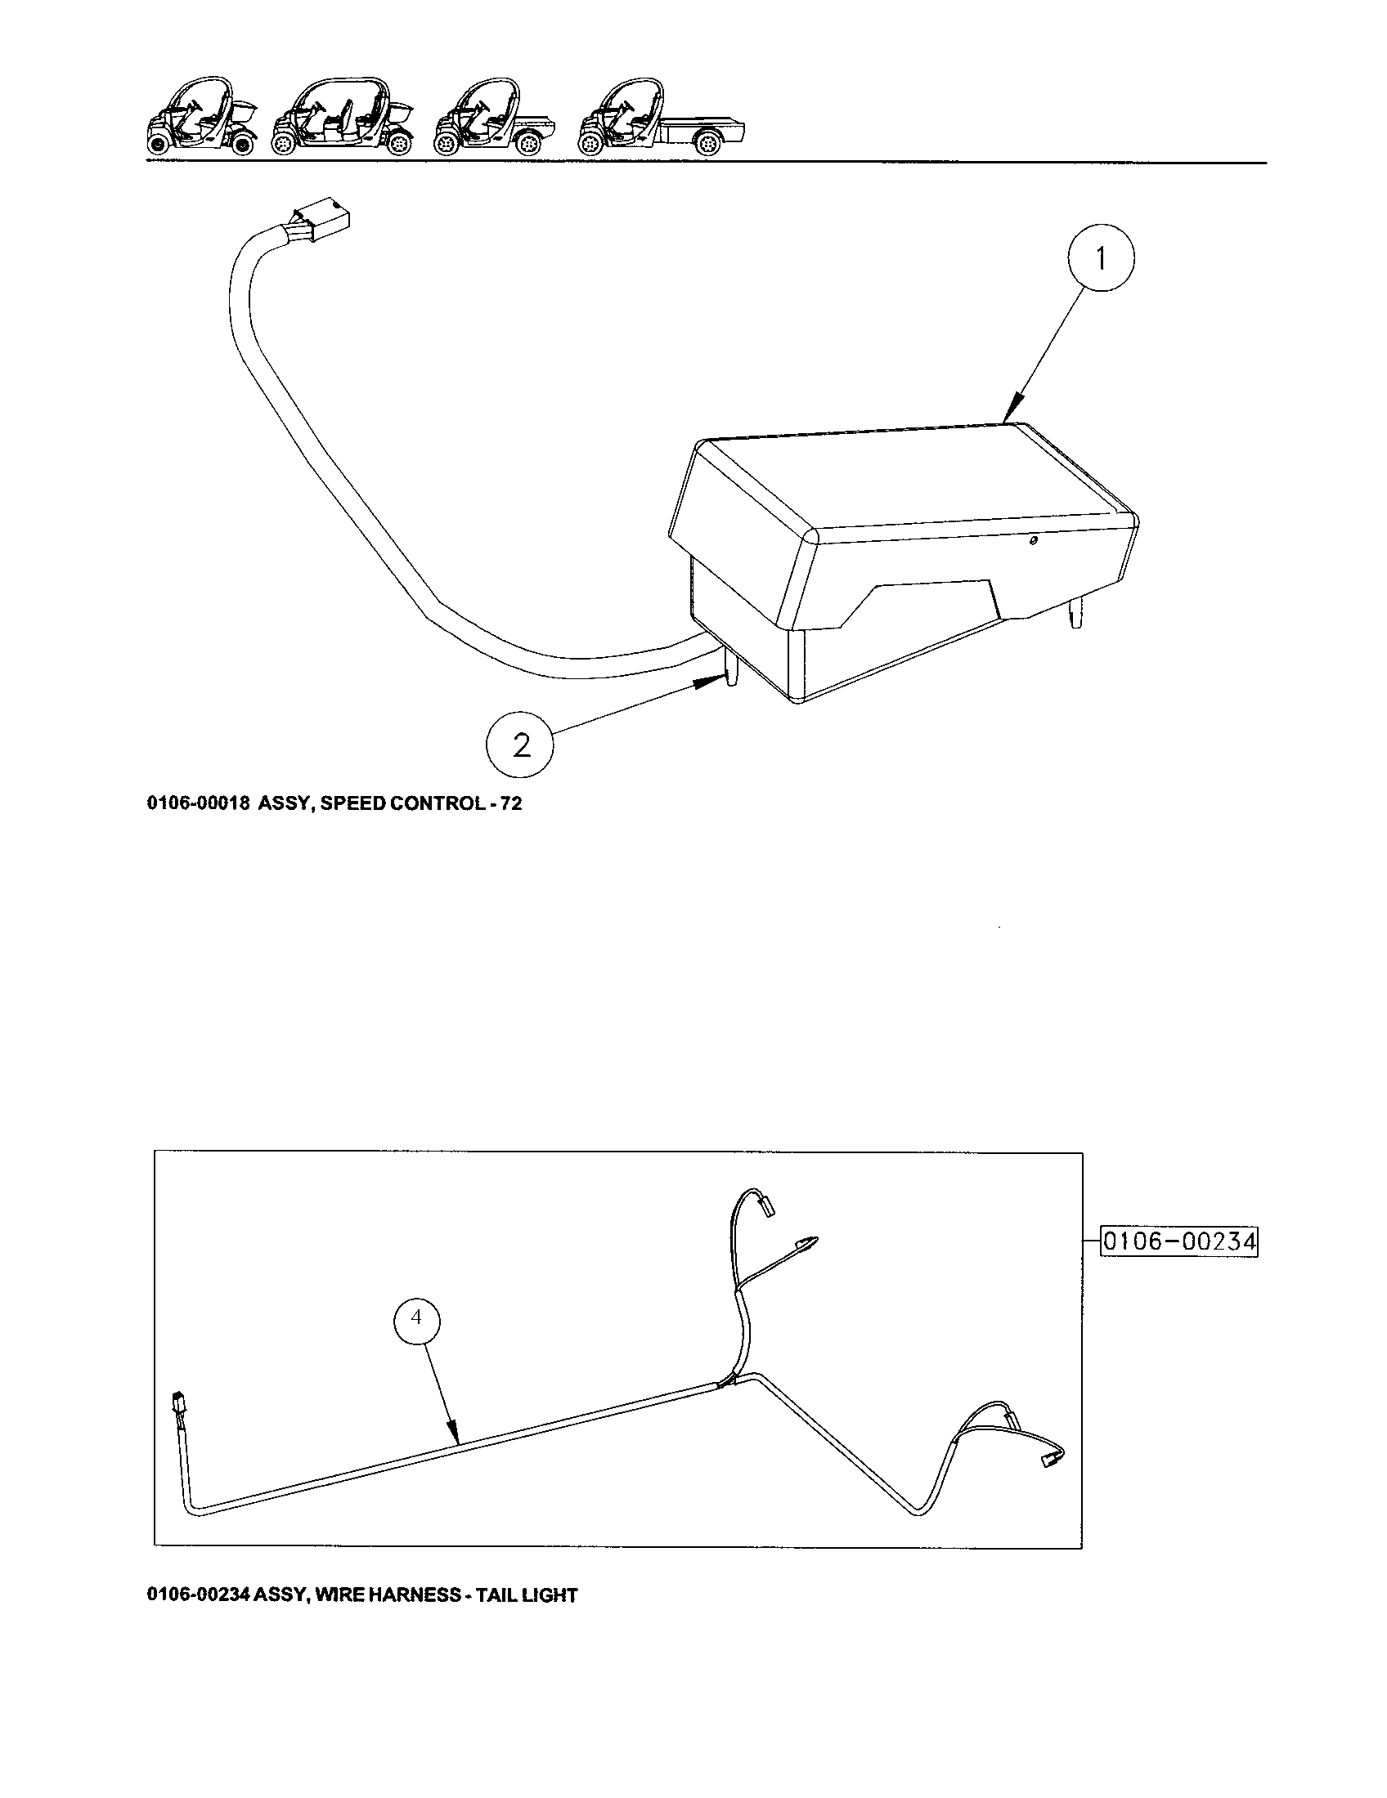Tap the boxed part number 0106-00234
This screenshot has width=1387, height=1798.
tap(1179, 1264)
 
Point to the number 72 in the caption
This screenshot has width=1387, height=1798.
tap(510, 803)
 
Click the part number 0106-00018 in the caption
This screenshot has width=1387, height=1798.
tap(198, 803)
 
